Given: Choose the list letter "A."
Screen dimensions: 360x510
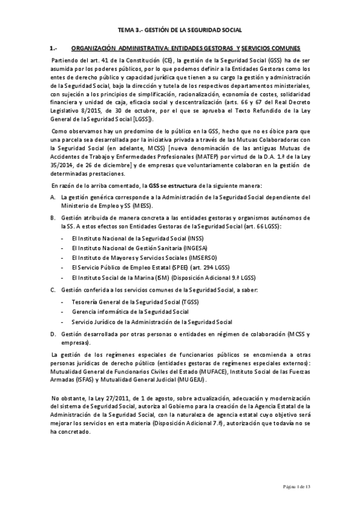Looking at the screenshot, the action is [x=53, y=197].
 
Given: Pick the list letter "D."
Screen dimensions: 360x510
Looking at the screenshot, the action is [x=53, y=333].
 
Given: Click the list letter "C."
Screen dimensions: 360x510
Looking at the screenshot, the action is [x=53, y=290].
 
